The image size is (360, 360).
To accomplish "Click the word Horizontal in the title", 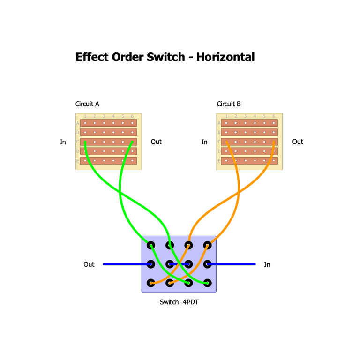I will coord(225,57).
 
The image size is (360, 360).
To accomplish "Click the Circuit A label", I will coord(87,104).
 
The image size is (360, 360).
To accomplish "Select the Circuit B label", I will coord(229,104).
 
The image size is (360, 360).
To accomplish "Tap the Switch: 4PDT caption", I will coord(179,302).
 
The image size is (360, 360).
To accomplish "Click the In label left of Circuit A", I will coord(63,142).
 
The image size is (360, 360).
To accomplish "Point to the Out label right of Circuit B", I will coord(298,142).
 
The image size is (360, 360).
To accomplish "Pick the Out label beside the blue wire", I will coord(89,264).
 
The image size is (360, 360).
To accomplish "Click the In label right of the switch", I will coord(267,265).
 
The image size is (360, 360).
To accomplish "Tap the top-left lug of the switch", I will coord(151,245).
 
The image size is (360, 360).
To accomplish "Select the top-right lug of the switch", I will coord(208,245).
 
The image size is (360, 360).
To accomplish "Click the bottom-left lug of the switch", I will coord(151,283).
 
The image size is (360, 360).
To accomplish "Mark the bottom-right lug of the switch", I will coord(208,283).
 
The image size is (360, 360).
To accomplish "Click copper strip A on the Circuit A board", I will coord(109,123).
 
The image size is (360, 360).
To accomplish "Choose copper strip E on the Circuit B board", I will coord(250,161).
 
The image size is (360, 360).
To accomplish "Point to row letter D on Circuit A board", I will coord(77,151).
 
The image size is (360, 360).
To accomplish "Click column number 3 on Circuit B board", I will coord(245,116).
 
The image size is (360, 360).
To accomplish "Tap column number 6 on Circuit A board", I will coord(132,116).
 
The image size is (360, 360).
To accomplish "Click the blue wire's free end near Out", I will coord(104,264).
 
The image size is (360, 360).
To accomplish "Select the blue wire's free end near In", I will coord(255,264).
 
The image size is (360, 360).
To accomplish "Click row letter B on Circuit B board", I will coord(218,133).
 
